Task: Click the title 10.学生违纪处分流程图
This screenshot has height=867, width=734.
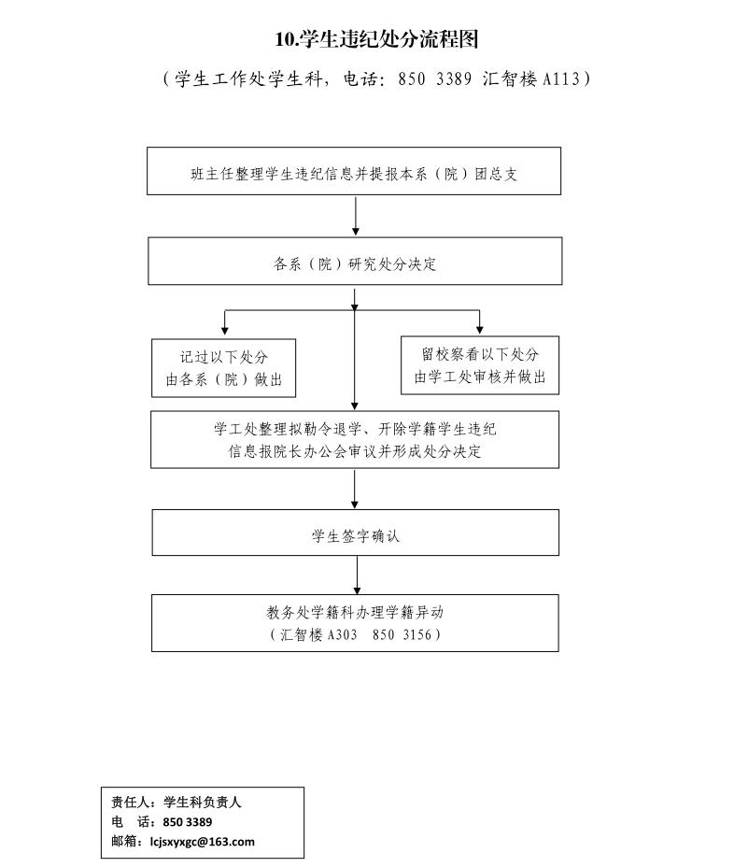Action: coord(376,39)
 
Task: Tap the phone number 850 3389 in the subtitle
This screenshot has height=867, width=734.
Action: coord(434,79)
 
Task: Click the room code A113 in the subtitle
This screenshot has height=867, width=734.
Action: coord(561,79)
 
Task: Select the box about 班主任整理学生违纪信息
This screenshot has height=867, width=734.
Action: coord(354,171)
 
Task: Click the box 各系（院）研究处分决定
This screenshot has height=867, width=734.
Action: coord(355,261)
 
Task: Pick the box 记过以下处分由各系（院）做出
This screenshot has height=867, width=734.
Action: coord(224,368)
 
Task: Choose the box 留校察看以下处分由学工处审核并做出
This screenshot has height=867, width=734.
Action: coord(480,365)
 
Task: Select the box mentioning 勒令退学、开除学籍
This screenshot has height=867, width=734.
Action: coord(355,440)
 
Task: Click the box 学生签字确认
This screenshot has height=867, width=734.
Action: coord(356,533)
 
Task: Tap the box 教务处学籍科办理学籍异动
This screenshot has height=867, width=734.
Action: coord(355,623)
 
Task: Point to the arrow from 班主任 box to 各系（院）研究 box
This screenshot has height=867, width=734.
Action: coord(356,216)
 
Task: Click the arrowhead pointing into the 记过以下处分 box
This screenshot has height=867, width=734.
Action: coord(224,331)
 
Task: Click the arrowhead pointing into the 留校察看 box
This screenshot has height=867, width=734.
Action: coord(479,329)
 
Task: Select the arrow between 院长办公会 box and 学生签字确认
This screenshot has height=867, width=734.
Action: coord(354,489)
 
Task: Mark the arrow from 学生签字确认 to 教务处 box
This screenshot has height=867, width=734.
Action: coord(357,576)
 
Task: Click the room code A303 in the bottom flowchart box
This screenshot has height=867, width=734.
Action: coord(342,634)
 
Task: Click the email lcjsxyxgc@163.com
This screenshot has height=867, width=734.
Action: coord(203,842)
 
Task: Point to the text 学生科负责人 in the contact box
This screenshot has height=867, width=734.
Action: coord(203,803)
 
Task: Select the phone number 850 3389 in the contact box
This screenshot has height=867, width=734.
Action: coord(188,822)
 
